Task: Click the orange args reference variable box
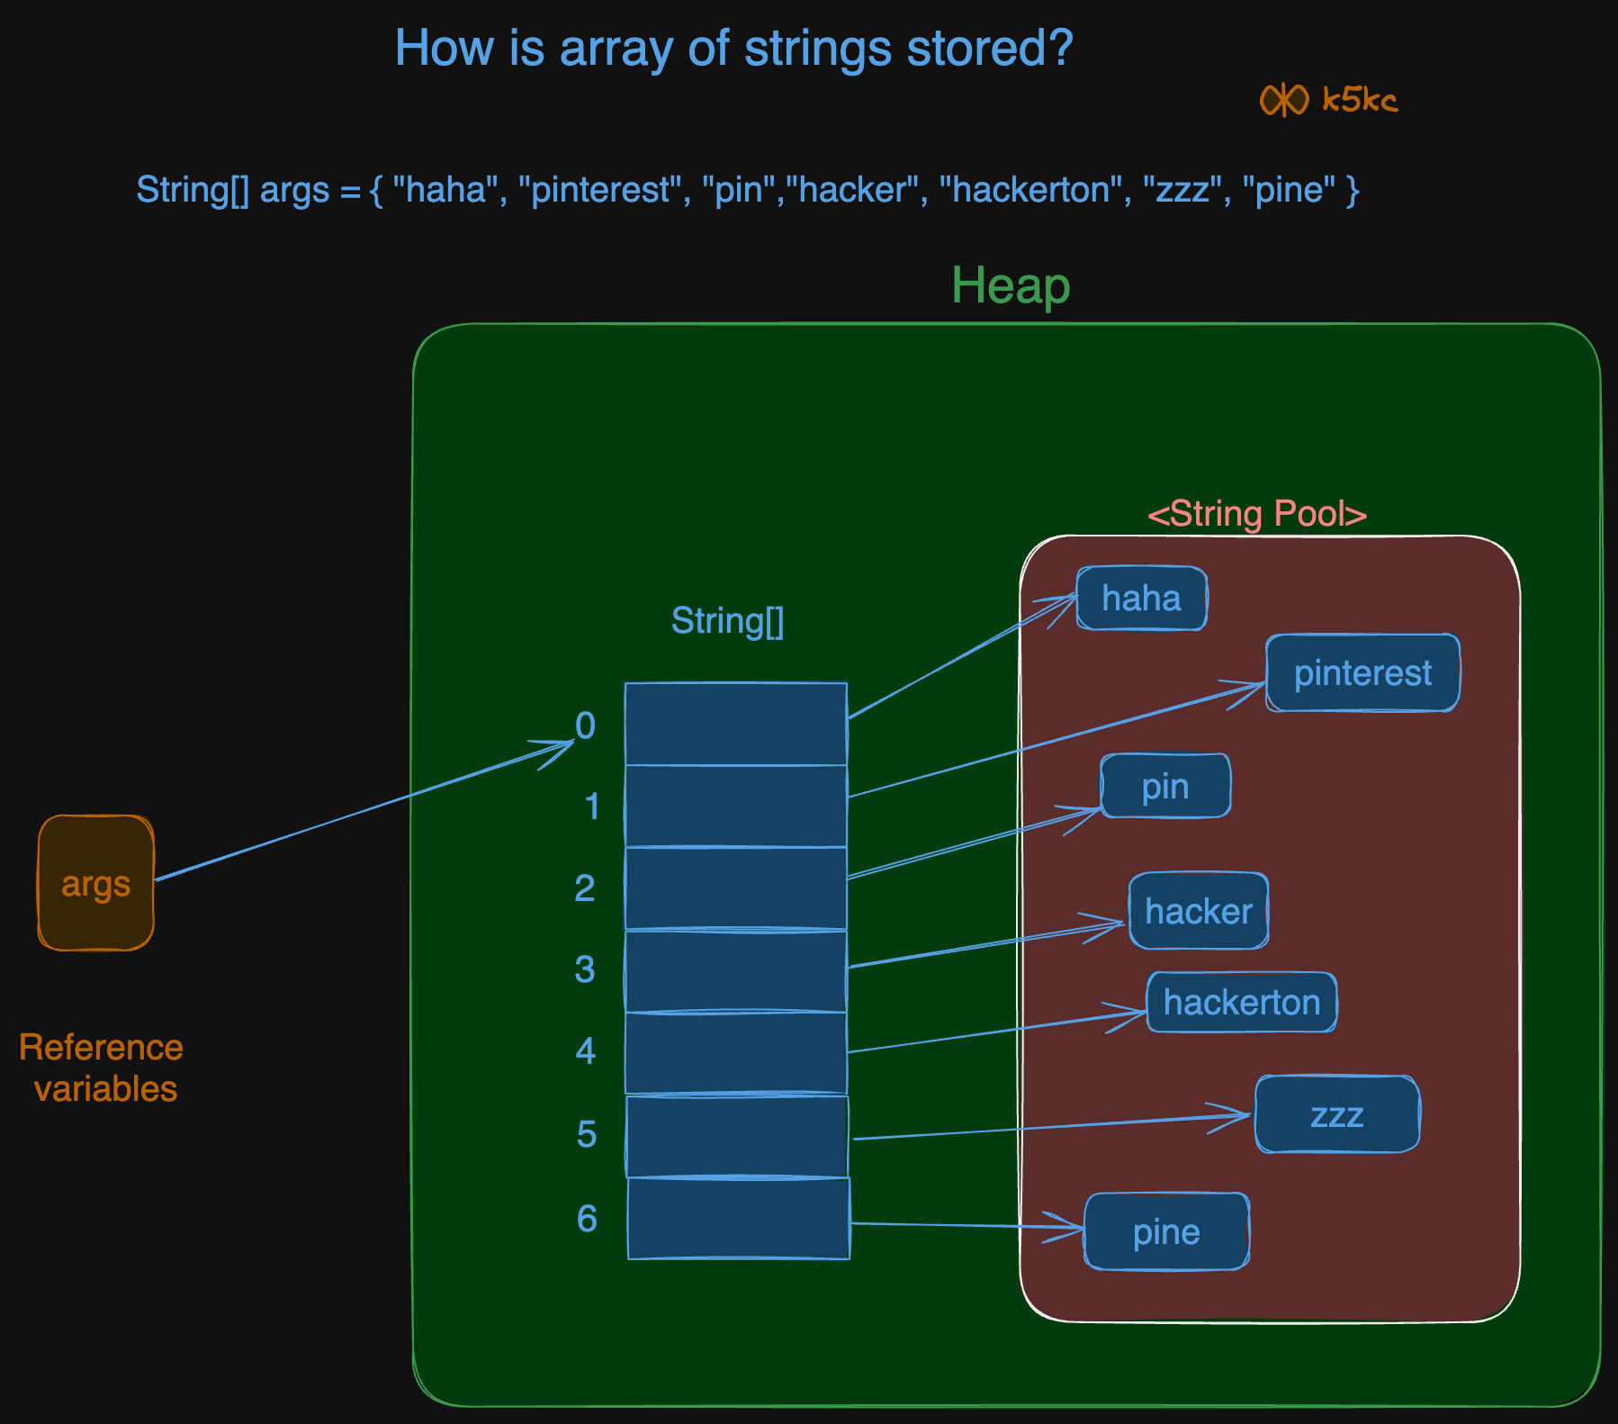click(x=95, y=883)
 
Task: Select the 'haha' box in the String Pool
click(x=1141, y=599)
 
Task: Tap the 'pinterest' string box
click(x=1362, y=673)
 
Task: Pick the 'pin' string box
click(x=1165, y=787)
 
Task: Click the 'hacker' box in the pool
click(x=1199, y=911)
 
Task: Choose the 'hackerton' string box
click(x=1241, y=1002)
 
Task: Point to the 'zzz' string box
click(x=1336, y=1114)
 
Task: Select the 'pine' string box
click(x=1166, y=1231)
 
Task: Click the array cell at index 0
click(x=735, y=724)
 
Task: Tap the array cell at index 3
click(x=735, y=971)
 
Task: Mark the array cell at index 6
click(x=738, y=1219)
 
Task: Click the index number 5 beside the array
click(x=587, y=1134)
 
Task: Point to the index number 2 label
click(x=585, y=888)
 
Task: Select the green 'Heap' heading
click(x=1011, y=286)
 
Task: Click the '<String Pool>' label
click(x=1257, y=514)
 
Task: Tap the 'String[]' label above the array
click(x=727, y=621)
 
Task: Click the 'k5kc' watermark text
click(x=1359, y=100)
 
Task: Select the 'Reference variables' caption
click(x=102, y=1068)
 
